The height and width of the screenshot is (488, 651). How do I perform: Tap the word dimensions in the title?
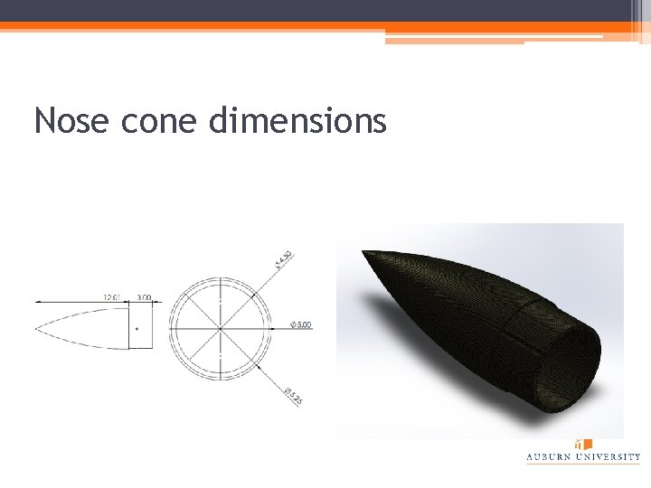tap(297, 119)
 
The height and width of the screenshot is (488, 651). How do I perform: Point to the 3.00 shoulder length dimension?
tap(144, 296)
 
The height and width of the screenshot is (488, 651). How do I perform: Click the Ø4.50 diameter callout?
tap(284, 259)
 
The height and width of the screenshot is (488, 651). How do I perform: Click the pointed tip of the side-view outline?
tap(36, 326)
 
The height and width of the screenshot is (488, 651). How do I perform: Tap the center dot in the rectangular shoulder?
tap(137, 330)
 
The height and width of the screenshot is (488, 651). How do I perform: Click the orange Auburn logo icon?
tap(584, 445)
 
